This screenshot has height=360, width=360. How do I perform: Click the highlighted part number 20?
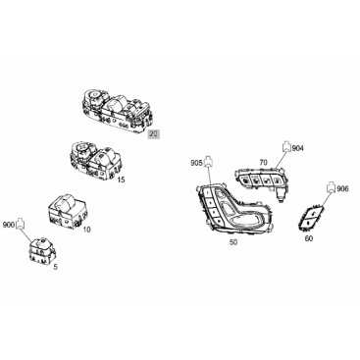154,133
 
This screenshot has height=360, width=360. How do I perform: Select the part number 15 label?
121,180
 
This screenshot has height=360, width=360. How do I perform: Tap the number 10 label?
86,230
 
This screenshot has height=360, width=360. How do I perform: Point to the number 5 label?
55,267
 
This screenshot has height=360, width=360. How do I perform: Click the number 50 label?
233,242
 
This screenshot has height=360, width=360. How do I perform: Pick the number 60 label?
309,238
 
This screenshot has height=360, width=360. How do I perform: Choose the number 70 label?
263,162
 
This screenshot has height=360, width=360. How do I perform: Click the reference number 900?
9,225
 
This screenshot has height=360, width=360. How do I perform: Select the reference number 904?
297,148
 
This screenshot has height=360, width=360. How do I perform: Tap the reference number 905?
197,163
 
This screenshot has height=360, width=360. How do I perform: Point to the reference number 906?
342,188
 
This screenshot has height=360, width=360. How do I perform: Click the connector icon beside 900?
20,224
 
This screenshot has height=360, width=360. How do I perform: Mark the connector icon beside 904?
286,147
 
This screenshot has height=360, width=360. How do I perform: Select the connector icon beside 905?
208,162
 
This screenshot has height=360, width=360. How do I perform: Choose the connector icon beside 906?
331,187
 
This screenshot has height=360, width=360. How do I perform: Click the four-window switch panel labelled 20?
118,111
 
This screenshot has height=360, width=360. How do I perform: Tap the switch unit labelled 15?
95,159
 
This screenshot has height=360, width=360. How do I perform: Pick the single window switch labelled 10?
68,211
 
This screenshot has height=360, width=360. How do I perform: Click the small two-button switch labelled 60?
310,219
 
